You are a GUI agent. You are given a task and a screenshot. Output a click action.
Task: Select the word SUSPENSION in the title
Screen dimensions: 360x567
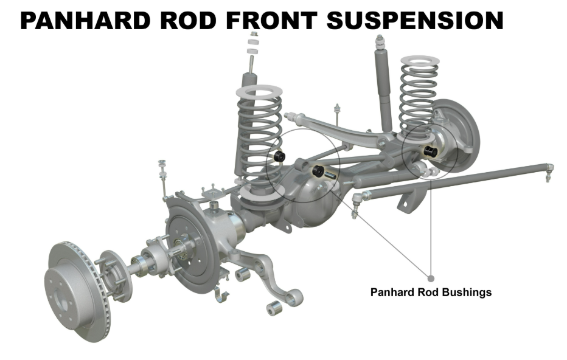415,20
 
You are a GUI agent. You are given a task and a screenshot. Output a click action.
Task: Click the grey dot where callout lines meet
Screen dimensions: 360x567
431,277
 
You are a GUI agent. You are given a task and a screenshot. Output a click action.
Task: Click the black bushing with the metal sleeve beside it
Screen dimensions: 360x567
317,170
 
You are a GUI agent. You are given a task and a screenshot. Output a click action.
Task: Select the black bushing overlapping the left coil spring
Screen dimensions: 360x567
280,156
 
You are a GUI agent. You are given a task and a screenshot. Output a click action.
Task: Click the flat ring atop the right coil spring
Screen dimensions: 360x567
418,60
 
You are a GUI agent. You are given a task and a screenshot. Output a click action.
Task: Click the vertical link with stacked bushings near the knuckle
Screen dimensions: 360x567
163,176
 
